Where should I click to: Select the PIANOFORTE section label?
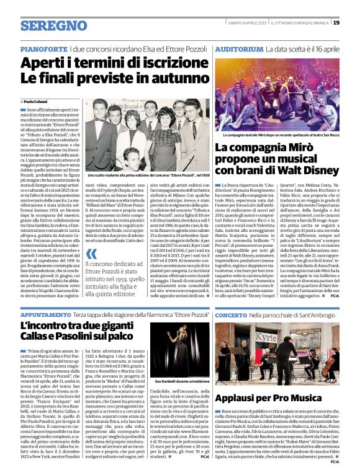point(43,48)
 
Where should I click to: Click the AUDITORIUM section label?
point(240,48)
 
